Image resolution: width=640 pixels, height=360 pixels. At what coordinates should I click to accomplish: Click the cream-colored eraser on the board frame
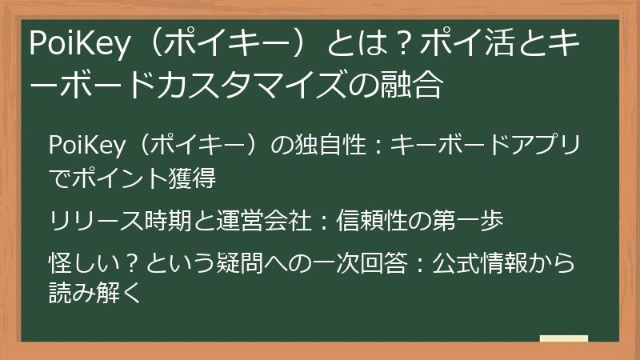coord(563,340)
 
